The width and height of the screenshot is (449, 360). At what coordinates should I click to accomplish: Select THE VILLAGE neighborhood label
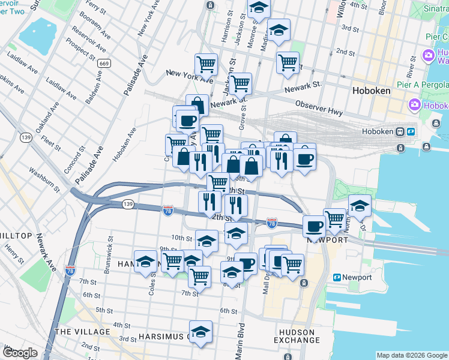click(82, 332)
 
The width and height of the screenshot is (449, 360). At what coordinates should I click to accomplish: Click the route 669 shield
click(104, 63)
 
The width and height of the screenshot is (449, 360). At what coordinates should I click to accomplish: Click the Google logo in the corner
click(20, 353)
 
